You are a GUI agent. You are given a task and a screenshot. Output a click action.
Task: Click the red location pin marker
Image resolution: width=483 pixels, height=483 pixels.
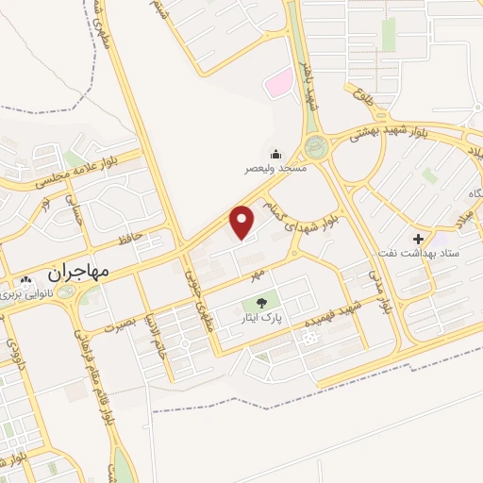point(242,222)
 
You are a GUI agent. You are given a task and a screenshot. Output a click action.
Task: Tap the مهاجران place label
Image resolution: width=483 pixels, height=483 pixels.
point(78,271)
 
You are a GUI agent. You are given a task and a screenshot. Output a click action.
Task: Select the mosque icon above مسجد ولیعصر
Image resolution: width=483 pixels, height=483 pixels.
point(275,154)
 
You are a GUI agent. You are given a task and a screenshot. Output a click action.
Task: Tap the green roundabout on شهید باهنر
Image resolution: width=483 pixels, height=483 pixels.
point(316,146)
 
